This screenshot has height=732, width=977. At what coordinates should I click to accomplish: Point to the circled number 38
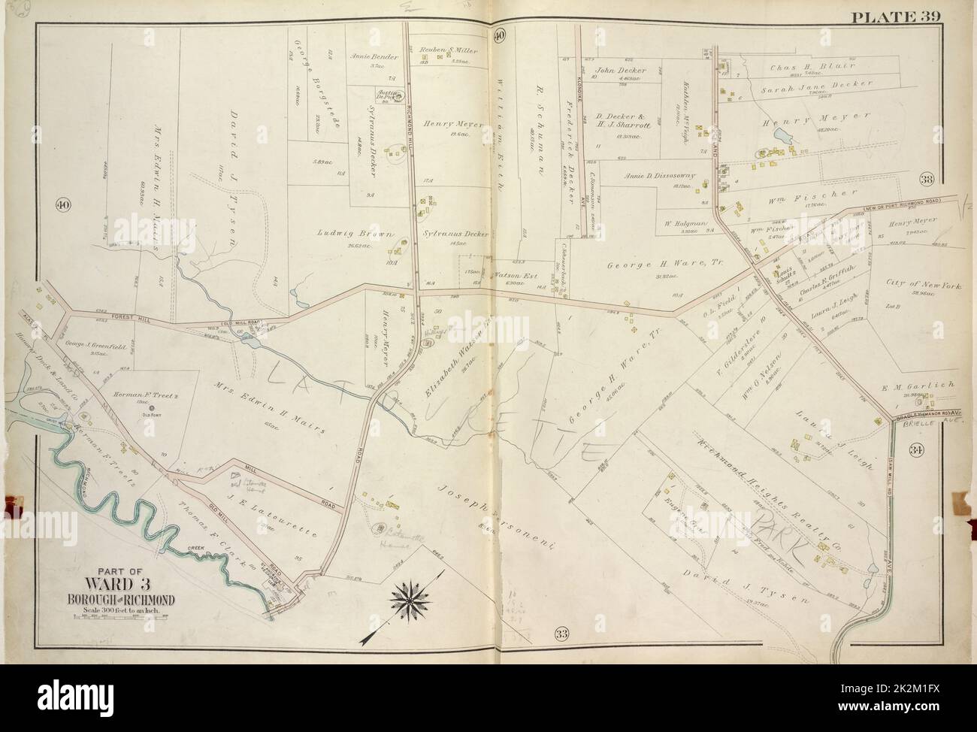pyautogui.click(x=926, y=179)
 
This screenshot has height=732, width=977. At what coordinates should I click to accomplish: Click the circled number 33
pyautogui.click(x=561, y=632)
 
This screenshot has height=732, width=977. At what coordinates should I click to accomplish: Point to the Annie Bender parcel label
pyautogui.click(x=367, y=56)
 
